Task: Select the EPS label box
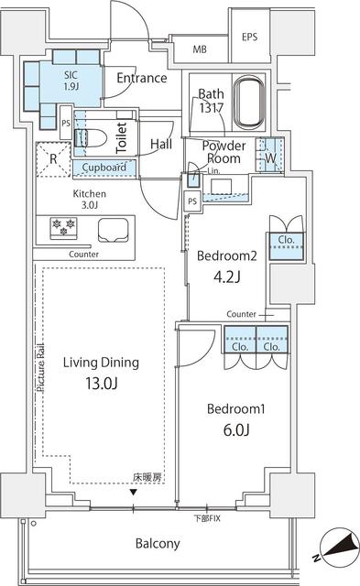[x=250, y=38]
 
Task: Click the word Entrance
[x=141, y=78]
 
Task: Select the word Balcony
[x=158, y=543]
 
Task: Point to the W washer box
[x=269, y=155]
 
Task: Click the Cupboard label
[x=104, y=168]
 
